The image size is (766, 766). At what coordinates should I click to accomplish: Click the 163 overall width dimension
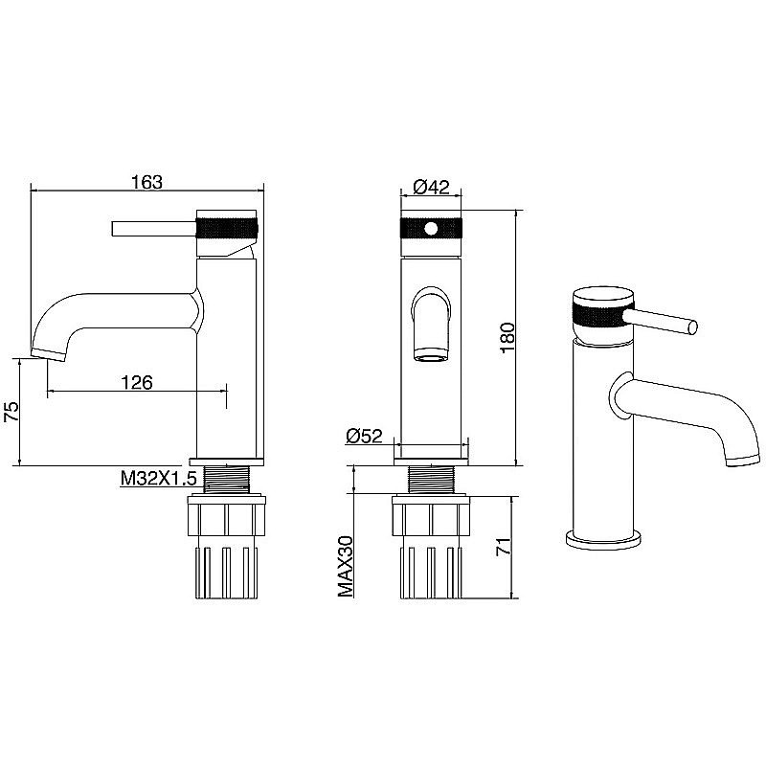tap(146, 182)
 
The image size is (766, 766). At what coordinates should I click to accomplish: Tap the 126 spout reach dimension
tap(137, 382)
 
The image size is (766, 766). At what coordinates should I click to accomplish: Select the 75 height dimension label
tap(11, 412)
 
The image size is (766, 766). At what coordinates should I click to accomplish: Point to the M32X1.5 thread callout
tap(159, 478)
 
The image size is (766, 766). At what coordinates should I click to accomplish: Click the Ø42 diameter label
tap(431, 186)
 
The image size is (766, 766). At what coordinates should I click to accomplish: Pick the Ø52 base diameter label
tap(364, 436)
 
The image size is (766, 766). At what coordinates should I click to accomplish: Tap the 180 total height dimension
tap(507, 337)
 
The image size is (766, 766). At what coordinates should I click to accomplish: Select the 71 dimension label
tap(504, 546)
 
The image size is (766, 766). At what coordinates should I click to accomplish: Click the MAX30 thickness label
tap(346, 566)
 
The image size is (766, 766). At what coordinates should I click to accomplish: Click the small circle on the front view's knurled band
tap(431, 228)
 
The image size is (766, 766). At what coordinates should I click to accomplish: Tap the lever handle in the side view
tap(154, 229)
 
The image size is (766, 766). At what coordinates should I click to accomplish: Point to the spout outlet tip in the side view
tap(49, 354)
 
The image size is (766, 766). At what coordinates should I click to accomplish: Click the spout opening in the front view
tap(430, 354)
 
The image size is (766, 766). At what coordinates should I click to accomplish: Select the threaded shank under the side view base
tap(226, 480)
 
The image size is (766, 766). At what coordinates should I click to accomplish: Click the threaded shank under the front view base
tap(431, 480)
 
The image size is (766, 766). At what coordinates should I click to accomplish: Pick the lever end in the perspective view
tap(692, 327)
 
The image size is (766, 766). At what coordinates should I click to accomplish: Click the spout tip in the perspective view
tap(744, 461)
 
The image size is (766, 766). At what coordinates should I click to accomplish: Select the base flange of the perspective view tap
tap(603, 540)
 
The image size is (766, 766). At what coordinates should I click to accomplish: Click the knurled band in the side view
tap(226, 228)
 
